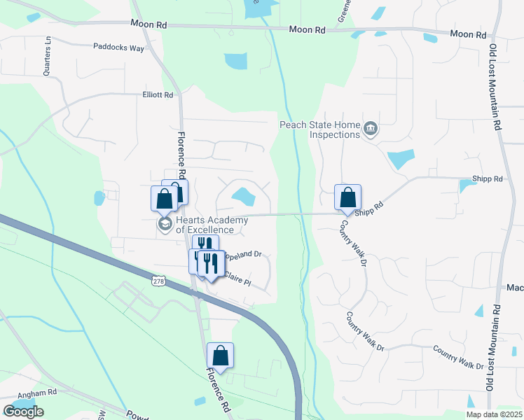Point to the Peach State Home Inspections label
[x=319, y=129]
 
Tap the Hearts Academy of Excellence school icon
[x=165, y=224]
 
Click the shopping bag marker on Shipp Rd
[x=347, y=198]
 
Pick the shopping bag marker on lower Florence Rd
[x=220, y=356]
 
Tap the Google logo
[x=23, y=412]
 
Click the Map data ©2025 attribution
[x=493, y=414]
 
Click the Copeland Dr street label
[x=244, y=255]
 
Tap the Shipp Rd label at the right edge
[x=488, y=179]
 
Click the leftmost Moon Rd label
[x=148, y=24]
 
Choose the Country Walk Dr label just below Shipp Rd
[x=354, y=244]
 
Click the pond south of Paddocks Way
[x=237, y=61]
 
